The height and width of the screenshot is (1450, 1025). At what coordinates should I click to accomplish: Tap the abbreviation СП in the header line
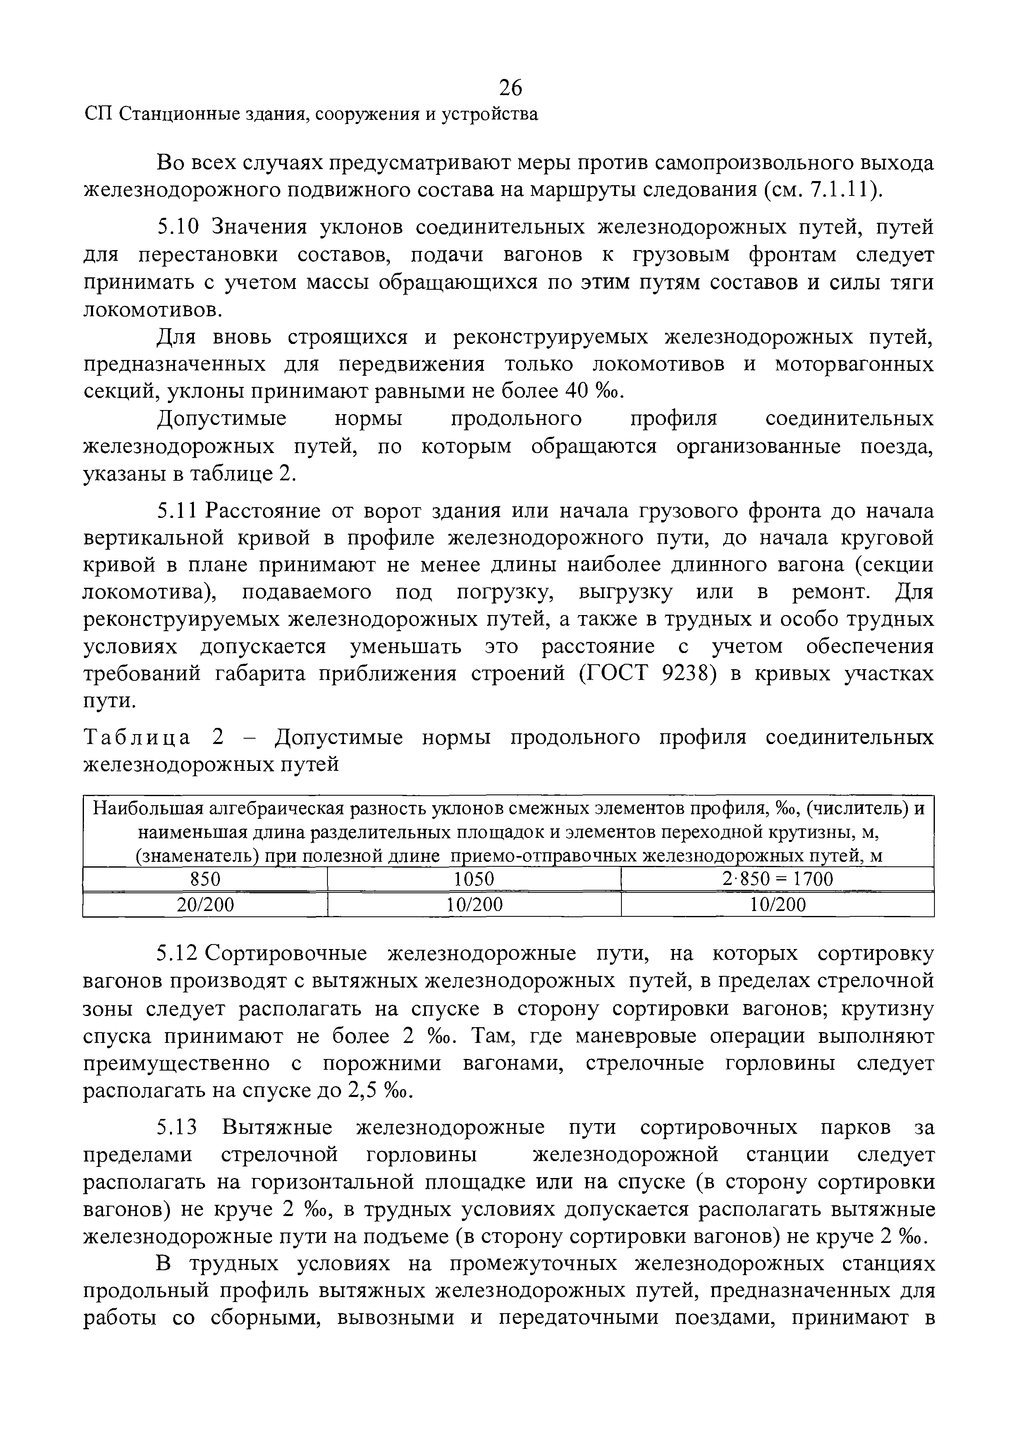point(98,114)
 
